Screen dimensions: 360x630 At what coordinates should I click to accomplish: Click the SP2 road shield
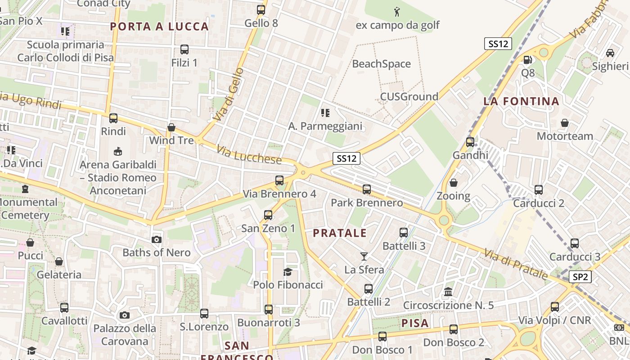pyautogui.click(x=580, y=277)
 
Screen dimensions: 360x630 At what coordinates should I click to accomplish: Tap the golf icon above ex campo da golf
pyautogui.click(x=396, y=11)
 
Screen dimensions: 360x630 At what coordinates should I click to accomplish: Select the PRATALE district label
pyautogui.click(x=340, y=233)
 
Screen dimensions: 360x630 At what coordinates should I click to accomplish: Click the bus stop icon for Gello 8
pyautogui.click(x=261, y=9)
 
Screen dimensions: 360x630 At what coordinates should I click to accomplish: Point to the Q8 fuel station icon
pyautogui.click(x=527, y=59)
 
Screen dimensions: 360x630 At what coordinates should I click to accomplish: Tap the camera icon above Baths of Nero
pyautogui.click(x=157, y=239)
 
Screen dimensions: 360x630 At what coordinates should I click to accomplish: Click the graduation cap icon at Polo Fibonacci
pyautogui.click(x=288, y=272)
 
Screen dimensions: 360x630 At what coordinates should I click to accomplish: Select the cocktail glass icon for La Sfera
pyautogui.click(x=364, y=256)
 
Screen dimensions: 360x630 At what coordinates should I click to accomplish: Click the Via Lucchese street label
pyautogui.click(x=249, y=154)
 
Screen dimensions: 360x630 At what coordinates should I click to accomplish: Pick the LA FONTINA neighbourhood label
pyautogui.click(x=521, y=101)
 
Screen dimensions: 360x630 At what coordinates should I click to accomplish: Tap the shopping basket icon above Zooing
pyautogui.click(x=454, y=183)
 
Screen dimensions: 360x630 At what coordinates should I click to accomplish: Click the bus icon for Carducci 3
pyautogui.click(x=575, y=243)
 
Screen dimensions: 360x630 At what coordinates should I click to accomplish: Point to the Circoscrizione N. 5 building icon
pyautogui.click(x=448, y=292)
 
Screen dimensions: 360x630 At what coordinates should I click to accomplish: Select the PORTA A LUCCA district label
pyautogui.click(x=159, y=27)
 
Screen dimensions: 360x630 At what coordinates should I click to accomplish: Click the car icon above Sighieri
pyautogui.click(x=610, y=53)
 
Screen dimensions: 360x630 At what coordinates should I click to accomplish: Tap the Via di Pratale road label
pyautogui.click(x=516, y=265)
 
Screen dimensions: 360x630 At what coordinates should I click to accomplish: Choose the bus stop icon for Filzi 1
pyautogui.click(x=184, y=49)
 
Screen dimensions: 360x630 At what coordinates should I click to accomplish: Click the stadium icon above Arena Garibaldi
pyautogui.click(x=118, y=151)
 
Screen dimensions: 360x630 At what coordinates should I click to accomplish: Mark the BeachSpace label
pyautogui.click(x=381, y=64)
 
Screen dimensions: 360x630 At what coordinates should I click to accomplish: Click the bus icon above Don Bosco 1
pyautogui.click(x=382, y=336)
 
